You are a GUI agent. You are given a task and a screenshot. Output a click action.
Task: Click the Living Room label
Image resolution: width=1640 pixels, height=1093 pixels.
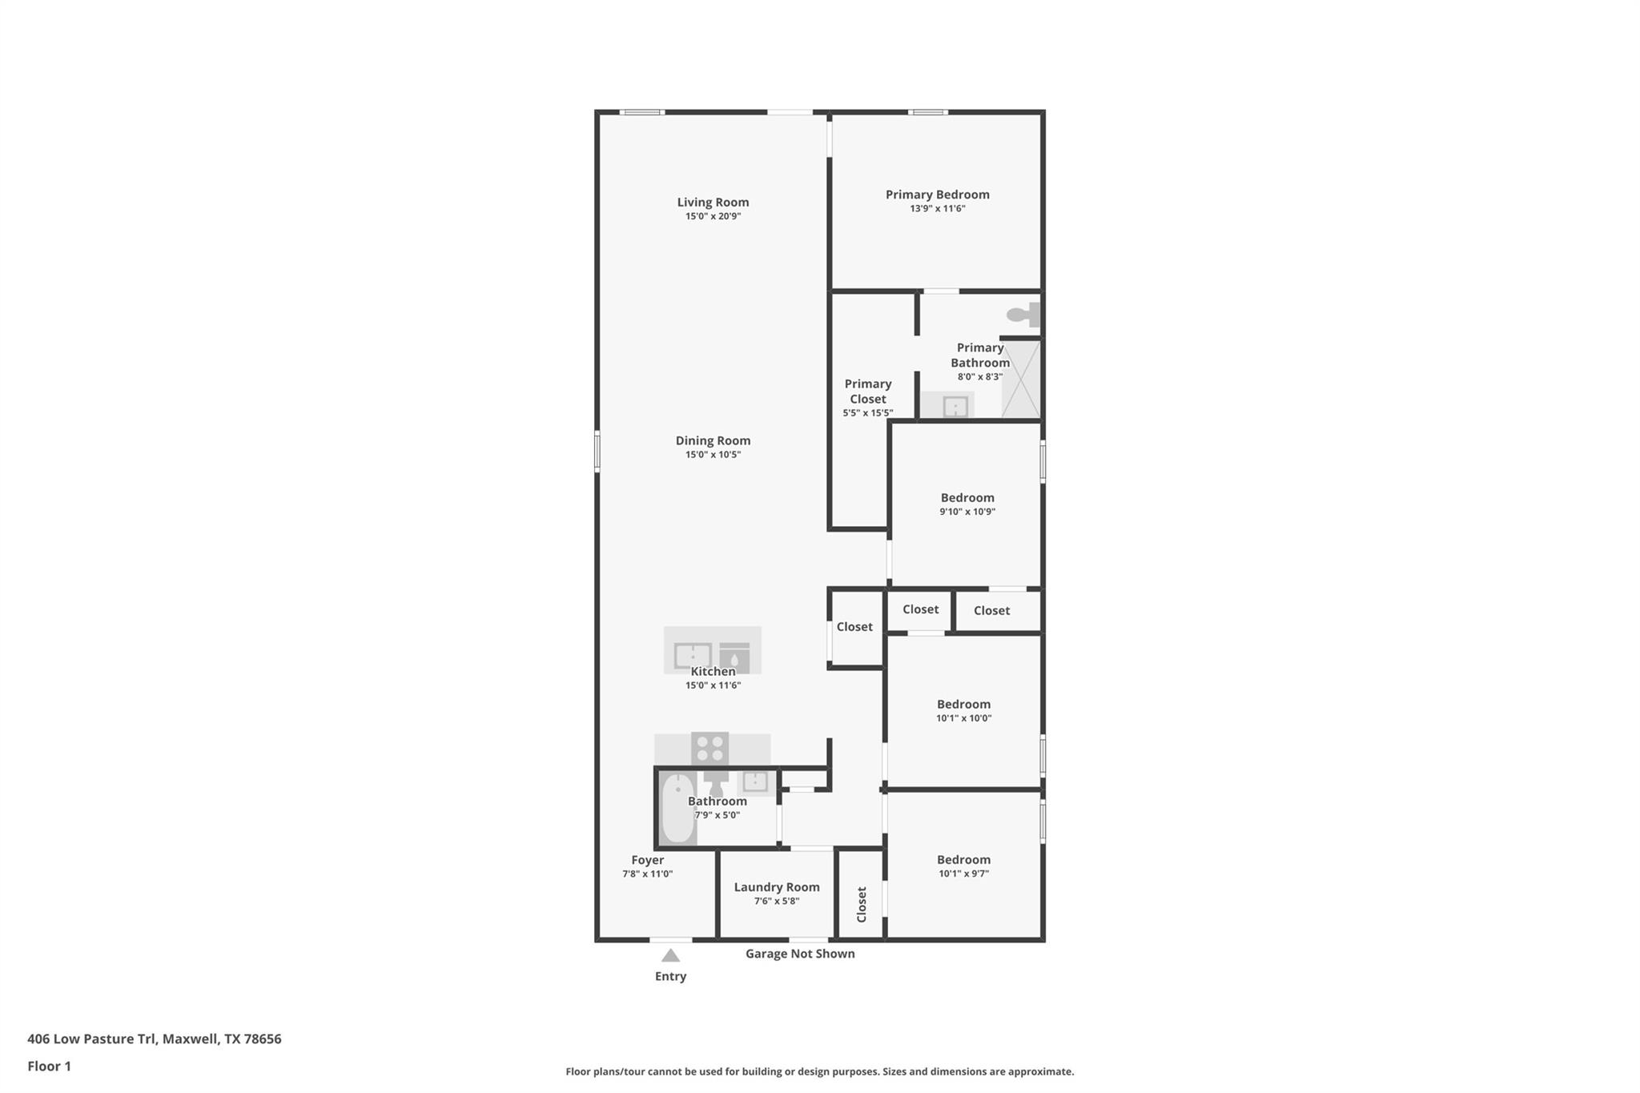click(713, 202)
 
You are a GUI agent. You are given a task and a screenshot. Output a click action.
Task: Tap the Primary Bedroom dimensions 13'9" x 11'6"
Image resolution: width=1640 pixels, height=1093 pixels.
click(937, 208)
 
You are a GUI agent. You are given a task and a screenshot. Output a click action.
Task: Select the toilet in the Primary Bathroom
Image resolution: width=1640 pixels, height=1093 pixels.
click(1024, 315)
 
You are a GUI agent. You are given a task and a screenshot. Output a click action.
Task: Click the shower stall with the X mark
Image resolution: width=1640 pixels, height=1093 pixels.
click(1021, 380)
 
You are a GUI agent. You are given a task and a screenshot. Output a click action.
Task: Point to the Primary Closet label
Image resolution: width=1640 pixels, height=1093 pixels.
click(867, 391)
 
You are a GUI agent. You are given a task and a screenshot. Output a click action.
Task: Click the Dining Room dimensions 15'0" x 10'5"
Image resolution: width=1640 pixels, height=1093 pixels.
click(713, 455)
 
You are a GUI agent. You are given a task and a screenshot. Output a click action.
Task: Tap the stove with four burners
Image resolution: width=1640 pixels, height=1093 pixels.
click(709, 749)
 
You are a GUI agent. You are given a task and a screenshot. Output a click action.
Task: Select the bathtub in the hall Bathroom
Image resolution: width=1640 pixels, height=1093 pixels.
click(678, 808)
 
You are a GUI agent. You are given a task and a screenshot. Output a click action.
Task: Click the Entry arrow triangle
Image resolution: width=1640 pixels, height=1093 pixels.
click(670, 955)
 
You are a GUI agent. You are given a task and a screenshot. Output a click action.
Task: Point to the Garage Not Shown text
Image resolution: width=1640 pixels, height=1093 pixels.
click(799, 954)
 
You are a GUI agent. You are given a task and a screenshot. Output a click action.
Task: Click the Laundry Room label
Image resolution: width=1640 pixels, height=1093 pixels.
click(776, 886)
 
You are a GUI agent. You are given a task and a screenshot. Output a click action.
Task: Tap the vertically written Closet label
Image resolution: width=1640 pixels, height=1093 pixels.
click(862, 904)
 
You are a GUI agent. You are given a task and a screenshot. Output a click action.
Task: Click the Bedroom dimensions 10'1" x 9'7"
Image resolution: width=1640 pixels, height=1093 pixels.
click(963, 874)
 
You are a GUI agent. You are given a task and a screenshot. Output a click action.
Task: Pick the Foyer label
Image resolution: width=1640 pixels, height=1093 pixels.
click(647, 860)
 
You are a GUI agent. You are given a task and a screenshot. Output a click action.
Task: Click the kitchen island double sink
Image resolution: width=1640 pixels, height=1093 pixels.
click(693, 655)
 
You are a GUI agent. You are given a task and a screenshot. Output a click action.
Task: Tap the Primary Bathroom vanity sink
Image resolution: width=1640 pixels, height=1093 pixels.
click(955, 407)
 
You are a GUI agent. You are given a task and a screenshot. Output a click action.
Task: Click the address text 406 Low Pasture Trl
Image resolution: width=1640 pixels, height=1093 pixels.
click(154, 1039)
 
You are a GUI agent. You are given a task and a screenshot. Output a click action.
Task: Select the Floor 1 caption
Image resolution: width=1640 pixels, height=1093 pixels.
click(49, 1066)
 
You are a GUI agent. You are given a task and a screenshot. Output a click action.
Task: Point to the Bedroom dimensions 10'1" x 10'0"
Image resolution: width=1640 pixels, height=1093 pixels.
click(963, 718)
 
